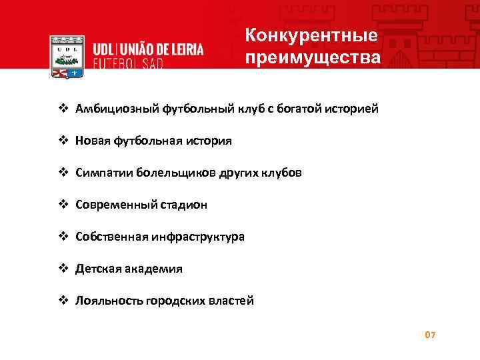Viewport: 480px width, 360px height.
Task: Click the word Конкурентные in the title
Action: [x=311, y=35]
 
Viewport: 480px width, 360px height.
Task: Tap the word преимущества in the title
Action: [x=313, y=57]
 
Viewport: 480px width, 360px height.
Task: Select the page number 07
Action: [x=430, y=334]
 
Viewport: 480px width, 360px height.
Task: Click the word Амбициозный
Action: [x=117, y=109]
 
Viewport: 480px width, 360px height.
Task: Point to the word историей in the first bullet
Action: [x=354, y=109]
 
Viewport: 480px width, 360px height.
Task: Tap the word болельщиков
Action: [x=175, y=173]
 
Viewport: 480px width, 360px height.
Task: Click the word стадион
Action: [x=182, y=205]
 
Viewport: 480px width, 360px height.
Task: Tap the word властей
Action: [x=232, y=301]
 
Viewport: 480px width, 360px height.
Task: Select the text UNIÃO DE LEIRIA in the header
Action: [x=162, y=50]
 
